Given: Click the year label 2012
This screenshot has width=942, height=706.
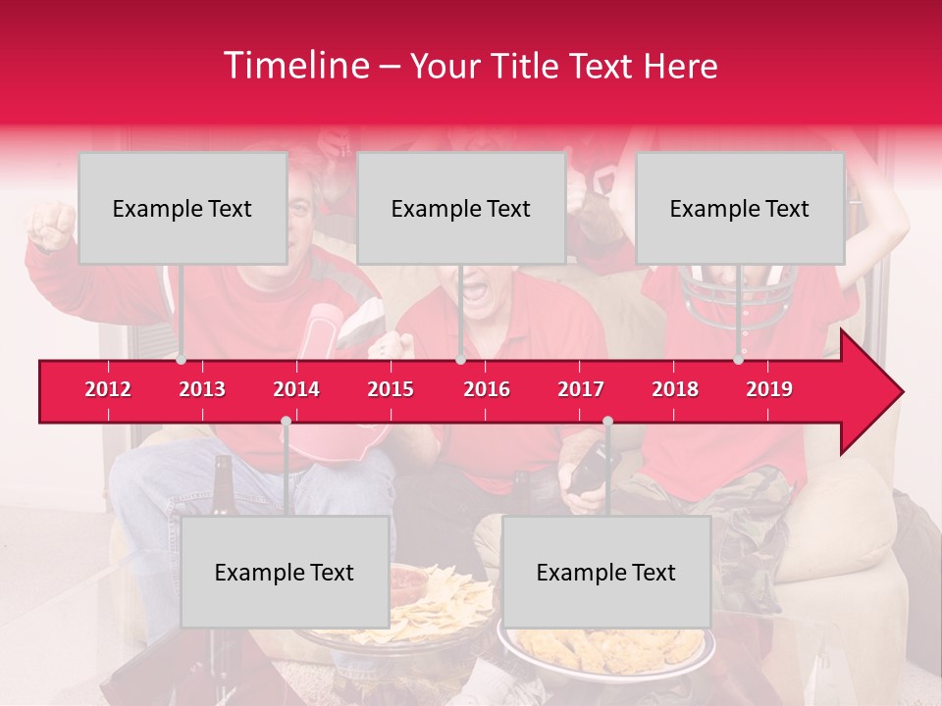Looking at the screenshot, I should pyautogui.click(x=108, y=389).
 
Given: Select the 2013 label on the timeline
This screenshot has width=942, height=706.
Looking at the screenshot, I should pyautogui.click(x=202, y=389).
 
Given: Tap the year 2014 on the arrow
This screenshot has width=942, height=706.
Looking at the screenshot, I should pyautogui.click(x=296, y=389).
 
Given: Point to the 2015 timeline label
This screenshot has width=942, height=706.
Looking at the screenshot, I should pyautogui.click(x=391, y=389).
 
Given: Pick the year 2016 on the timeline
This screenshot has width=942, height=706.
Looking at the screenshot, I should pyautogui.click(x=487, y=389).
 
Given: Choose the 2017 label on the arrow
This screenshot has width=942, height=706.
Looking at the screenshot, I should pyautogui.click(x=581, y=389).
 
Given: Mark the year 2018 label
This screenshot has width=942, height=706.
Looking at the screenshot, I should pyautogui.click(x=675, y=389).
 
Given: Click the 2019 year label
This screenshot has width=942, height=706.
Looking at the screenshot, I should pyautogui.click(x=769, y=389).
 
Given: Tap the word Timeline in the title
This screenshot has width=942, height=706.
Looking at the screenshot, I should pyautogui.click(x=295, y=66).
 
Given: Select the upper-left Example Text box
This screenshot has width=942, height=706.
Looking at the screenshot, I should pyautogui.click(x=183, y=208).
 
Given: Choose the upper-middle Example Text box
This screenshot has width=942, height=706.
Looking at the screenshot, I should pyautogui.click(x=461, y=208).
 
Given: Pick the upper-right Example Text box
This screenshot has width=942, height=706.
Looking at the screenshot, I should pyautogui.click(x=740, y=208).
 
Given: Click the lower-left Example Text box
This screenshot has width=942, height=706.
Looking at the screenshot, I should pyautogui.click(x=285, y=572).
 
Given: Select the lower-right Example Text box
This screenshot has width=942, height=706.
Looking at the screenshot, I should pyautogui.click(x=606, y=572).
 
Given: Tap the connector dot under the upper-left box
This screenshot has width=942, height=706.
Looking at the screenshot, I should pyautogui.click(x=181, y=360).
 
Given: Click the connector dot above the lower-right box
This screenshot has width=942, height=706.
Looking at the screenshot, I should pyautogui.click(x=607, y=422).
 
